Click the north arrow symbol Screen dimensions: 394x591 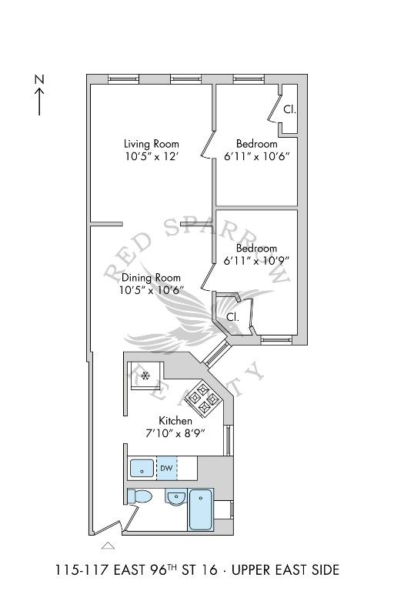coord(39,102)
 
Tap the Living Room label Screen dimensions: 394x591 coord(152,144)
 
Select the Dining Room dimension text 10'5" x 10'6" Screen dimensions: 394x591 coord(152,290)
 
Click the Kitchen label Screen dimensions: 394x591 coord(175,421)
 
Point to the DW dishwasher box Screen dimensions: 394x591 coord(167,468)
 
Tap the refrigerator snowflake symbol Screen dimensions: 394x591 coord(145,376)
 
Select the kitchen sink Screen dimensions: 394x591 coord(142,469)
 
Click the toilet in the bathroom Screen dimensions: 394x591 coord(139,497)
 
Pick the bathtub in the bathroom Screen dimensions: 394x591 coord(200,509)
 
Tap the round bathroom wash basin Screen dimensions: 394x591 coord(175,499)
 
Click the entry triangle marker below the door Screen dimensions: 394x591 coord(109,546)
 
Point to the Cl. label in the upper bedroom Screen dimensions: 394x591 coord(289,110)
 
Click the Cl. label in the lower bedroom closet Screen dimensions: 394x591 coord(232,317)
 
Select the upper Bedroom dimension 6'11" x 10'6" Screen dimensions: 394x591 coord(257,156)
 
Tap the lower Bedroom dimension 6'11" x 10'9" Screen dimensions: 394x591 coord(256,260)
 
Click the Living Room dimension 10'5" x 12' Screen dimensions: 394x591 coord(152,156)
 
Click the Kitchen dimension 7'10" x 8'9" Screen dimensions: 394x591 coord(175,433)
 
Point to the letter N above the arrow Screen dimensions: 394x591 coord(39,79)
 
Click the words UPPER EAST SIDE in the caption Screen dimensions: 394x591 coord(285,569)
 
